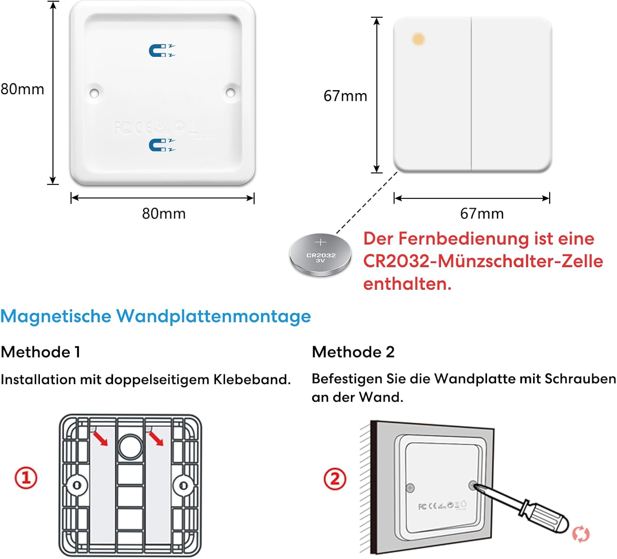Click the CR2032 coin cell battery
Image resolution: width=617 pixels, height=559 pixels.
(x=320, y=254)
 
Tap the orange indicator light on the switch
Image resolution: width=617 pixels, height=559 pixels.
(x=418, y=39)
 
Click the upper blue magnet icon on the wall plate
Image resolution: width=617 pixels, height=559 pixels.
(x=162, y=51)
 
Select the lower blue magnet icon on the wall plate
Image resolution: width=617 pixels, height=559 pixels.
(x=162, y=145)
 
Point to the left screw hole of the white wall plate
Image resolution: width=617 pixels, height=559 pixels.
(x=94, y=93)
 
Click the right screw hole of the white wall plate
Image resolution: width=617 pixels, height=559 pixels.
(x=230, y=92)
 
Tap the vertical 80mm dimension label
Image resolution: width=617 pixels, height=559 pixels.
(x=23, y=89)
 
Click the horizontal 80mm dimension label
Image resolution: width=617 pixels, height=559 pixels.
(x=164, y=213)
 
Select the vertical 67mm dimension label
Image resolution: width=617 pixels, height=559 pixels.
(x=345, y=96)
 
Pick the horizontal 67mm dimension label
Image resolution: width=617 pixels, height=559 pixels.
(x=482, y=213)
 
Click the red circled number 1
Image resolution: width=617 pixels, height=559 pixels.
(x=26, y=478)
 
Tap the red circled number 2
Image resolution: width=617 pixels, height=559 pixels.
(x=335, y=479)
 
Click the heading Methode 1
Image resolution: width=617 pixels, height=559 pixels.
(x=41, y=352)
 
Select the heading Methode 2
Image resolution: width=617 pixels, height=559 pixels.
(x=353, y=352)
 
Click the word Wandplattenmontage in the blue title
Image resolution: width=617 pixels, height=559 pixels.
(x=213, y=317)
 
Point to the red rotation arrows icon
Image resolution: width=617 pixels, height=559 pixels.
(x=581, y=534)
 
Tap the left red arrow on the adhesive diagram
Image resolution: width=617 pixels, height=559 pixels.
(x=100, y=438)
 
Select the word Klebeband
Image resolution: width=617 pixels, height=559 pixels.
(x=252, y=380)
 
